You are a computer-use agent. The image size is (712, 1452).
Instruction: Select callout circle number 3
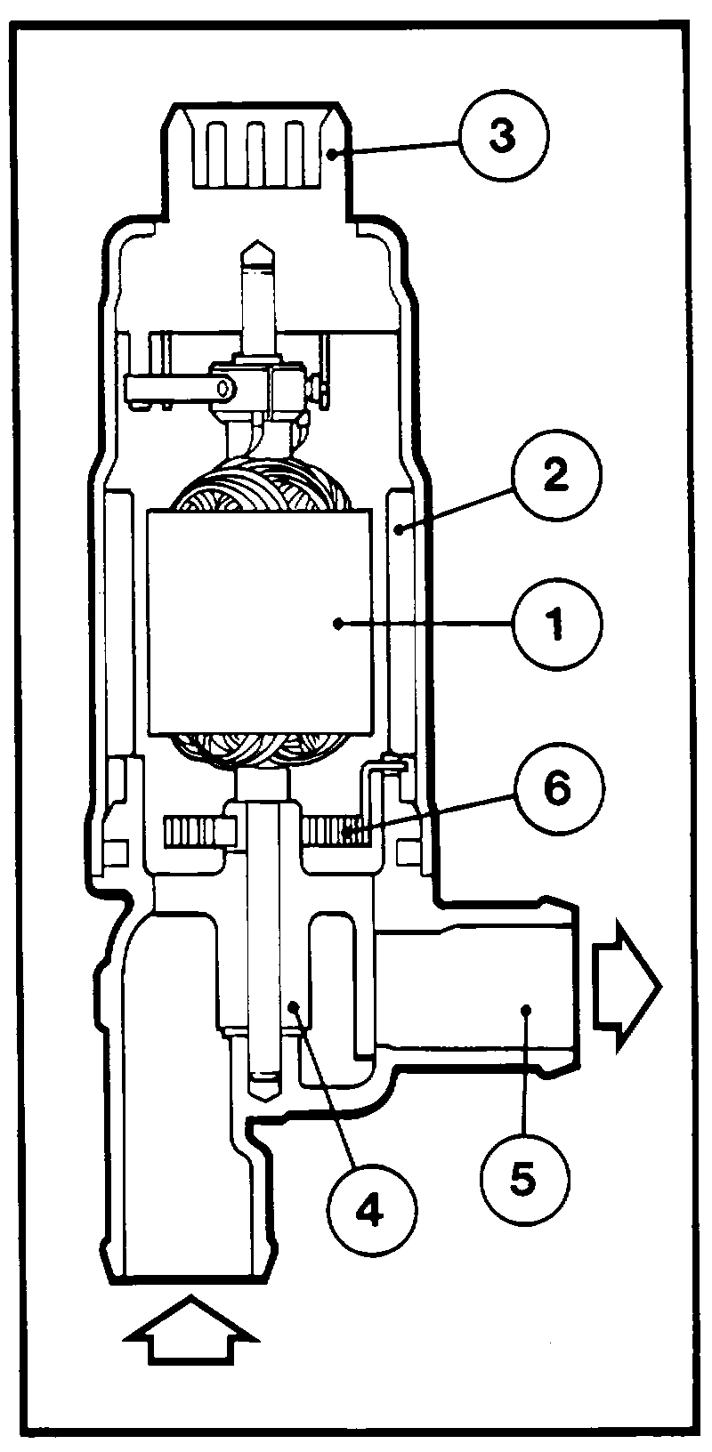[504, 137]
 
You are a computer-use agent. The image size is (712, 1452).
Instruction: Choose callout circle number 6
[558, 790]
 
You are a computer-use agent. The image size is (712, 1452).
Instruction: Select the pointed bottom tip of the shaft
[266, 1100]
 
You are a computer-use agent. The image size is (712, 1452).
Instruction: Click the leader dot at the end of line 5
[526, 1009]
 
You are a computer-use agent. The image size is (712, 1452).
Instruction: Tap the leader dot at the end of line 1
[337, 623]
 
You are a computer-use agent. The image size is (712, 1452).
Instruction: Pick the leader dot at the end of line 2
[402, 530]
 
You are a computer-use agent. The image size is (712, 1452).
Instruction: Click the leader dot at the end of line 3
[331, 154]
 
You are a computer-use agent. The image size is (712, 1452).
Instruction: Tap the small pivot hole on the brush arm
[224, 388]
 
